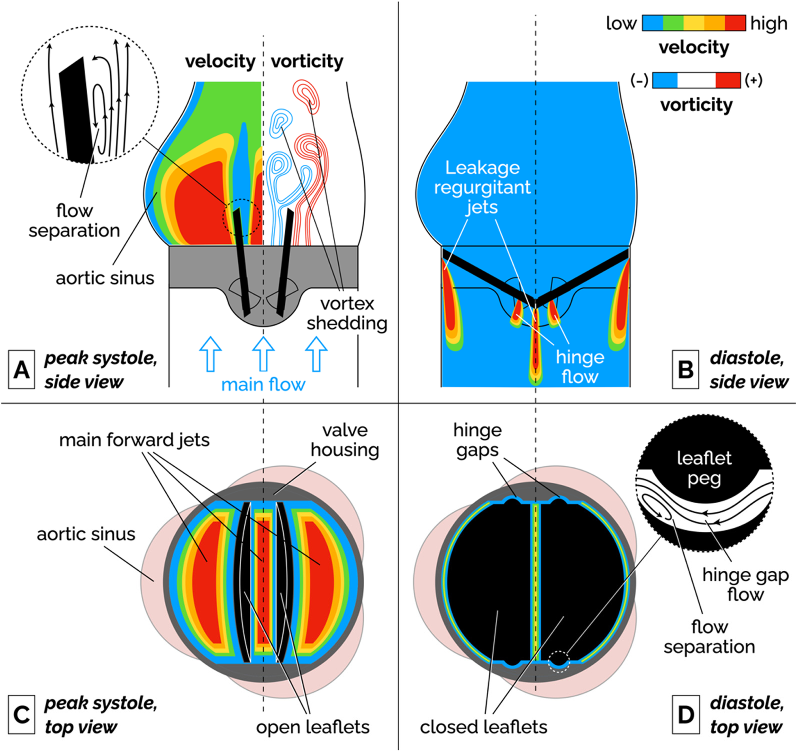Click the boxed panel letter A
(21, 370)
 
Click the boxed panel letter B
(685, 370)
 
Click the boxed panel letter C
(21, 715)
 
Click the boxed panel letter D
(685, 715)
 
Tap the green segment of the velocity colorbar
(673, 23)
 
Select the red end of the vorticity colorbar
(728, 80)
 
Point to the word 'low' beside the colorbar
(621, 23)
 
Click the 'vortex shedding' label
(347, 313)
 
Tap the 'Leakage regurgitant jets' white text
(482, 187)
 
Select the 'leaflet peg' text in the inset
(704, 468)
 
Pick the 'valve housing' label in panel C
(345, 440)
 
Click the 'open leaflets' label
(312, 727)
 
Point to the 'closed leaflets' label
(483, 727)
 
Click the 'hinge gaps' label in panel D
(477, 440)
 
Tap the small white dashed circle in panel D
(559, 661)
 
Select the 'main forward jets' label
(134, 440)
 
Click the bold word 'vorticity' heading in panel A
(307, 61)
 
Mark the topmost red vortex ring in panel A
(306, 92)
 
